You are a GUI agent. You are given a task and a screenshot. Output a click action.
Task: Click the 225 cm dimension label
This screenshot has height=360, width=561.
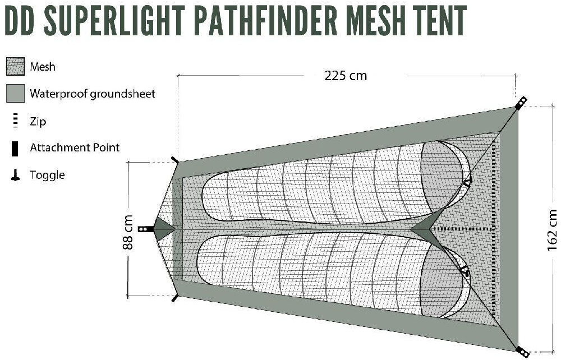pos(346,76)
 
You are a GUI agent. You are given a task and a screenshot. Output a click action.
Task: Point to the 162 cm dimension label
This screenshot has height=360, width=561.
pos(552,229)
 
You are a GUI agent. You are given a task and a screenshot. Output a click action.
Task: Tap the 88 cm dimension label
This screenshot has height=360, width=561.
pos(128,232)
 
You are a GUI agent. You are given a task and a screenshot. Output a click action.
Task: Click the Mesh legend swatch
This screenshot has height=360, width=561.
pos(15,67)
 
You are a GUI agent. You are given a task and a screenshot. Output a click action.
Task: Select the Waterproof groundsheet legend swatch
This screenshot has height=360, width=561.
pos(15,94)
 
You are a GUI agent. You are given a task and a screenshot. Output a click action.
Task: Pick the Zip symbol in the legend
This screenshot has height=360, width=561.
pos(15,121)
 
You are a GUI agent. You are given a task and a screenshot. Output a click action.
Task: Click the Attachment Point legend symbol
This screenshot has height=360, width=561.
pos(15,148)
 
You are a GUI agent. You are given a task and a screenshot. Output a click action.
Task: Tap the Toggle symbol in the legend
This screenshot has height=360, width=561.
pos(15,176)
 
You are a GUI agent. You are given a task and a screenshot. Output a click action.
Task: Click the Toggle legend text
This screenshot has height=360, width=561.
pos(47,175)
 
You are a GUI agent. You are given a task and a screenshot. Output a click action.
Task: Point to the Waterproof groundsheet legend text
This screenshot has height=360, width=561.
pos(92,94)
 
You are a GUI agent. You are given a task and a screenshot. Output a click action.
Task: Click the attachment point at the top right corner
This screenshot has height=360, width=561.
pos(521,103)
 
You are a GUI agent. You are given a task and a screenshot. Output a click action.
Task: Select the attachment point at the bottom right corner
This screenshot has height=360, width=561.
pos(522,352)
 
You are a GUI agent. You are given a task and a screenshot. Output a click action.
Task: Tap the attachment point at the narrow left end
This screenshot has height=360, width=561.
pos(146,229)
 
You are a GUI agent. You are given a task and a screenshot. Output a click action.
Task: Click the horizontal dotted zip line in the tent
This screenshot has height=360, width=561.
pos(463,229)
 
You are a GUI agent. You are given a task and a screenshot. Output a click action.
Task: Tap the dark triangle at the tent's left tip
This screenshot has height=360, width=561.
pos(163,229)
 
